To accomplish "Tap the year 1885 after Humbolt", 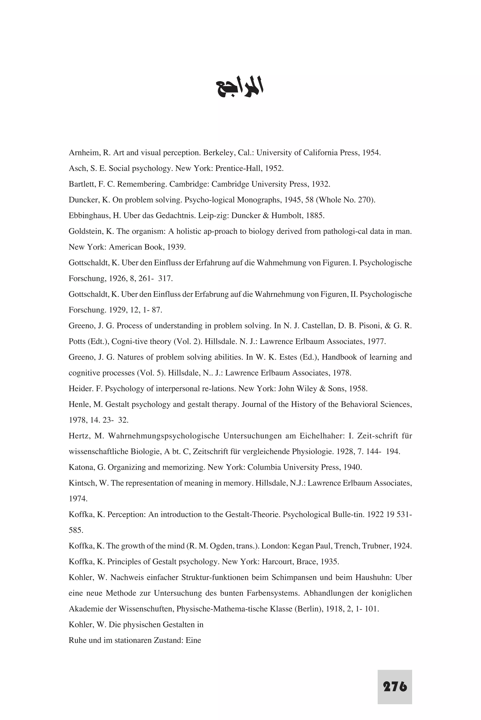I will pos(315,216).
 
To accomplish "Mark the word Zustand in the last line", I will pos(169,640).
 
